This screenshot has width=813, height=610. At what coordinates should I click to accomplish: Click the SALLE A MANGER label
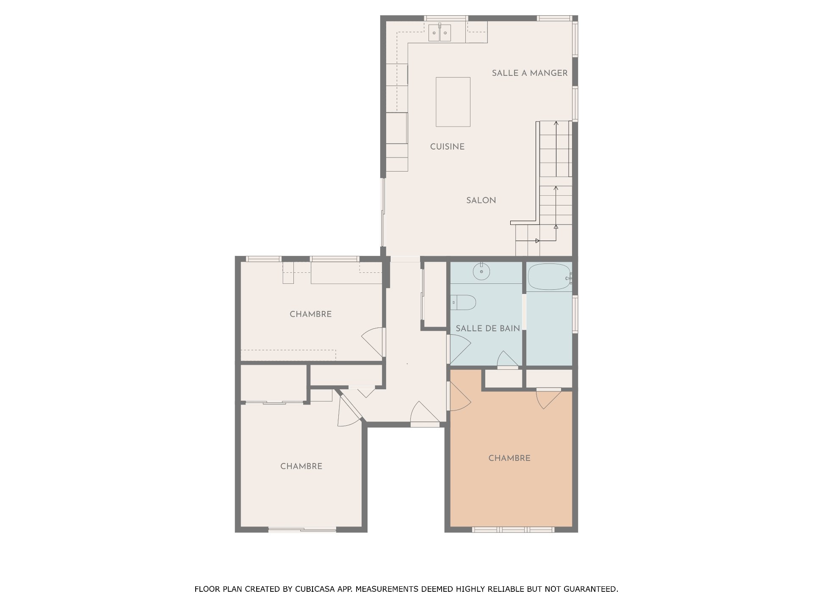point(529,73)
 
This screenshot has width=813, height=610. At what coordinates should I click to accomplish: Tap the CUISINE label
point(447,147)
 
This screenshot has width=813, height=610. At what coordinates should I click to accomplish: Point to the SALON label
point(481,200)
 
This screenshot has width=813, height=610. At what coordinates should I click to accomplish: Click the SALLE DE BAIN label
point(488,328)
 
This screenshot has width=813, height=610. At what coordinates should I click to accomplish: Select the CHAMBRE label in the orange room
point(509,458)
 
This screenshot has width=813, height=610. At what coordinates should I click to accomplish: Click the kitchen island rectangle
point(453,102)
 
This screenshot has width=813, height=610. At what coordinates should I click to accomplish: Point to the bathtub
point(549,277)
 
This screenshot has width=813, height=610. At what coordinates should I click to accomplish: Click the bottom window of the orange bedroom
point(513,530)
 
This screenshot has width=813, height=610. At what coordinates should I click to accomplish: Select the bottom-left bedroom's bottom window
point(302,529)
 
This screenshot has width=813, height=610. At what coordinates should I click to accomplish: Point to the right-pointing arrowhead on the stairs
point(537,241)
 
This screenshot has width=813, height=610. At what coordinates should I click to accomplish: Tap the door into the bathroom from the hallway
point(459,350)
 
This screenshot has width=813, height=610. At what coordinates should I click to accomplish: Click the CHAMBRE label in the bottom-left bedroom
point(301,466)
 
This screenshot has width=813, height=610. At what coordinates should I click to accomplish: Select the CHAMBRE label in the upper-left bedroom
point(310,314)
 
